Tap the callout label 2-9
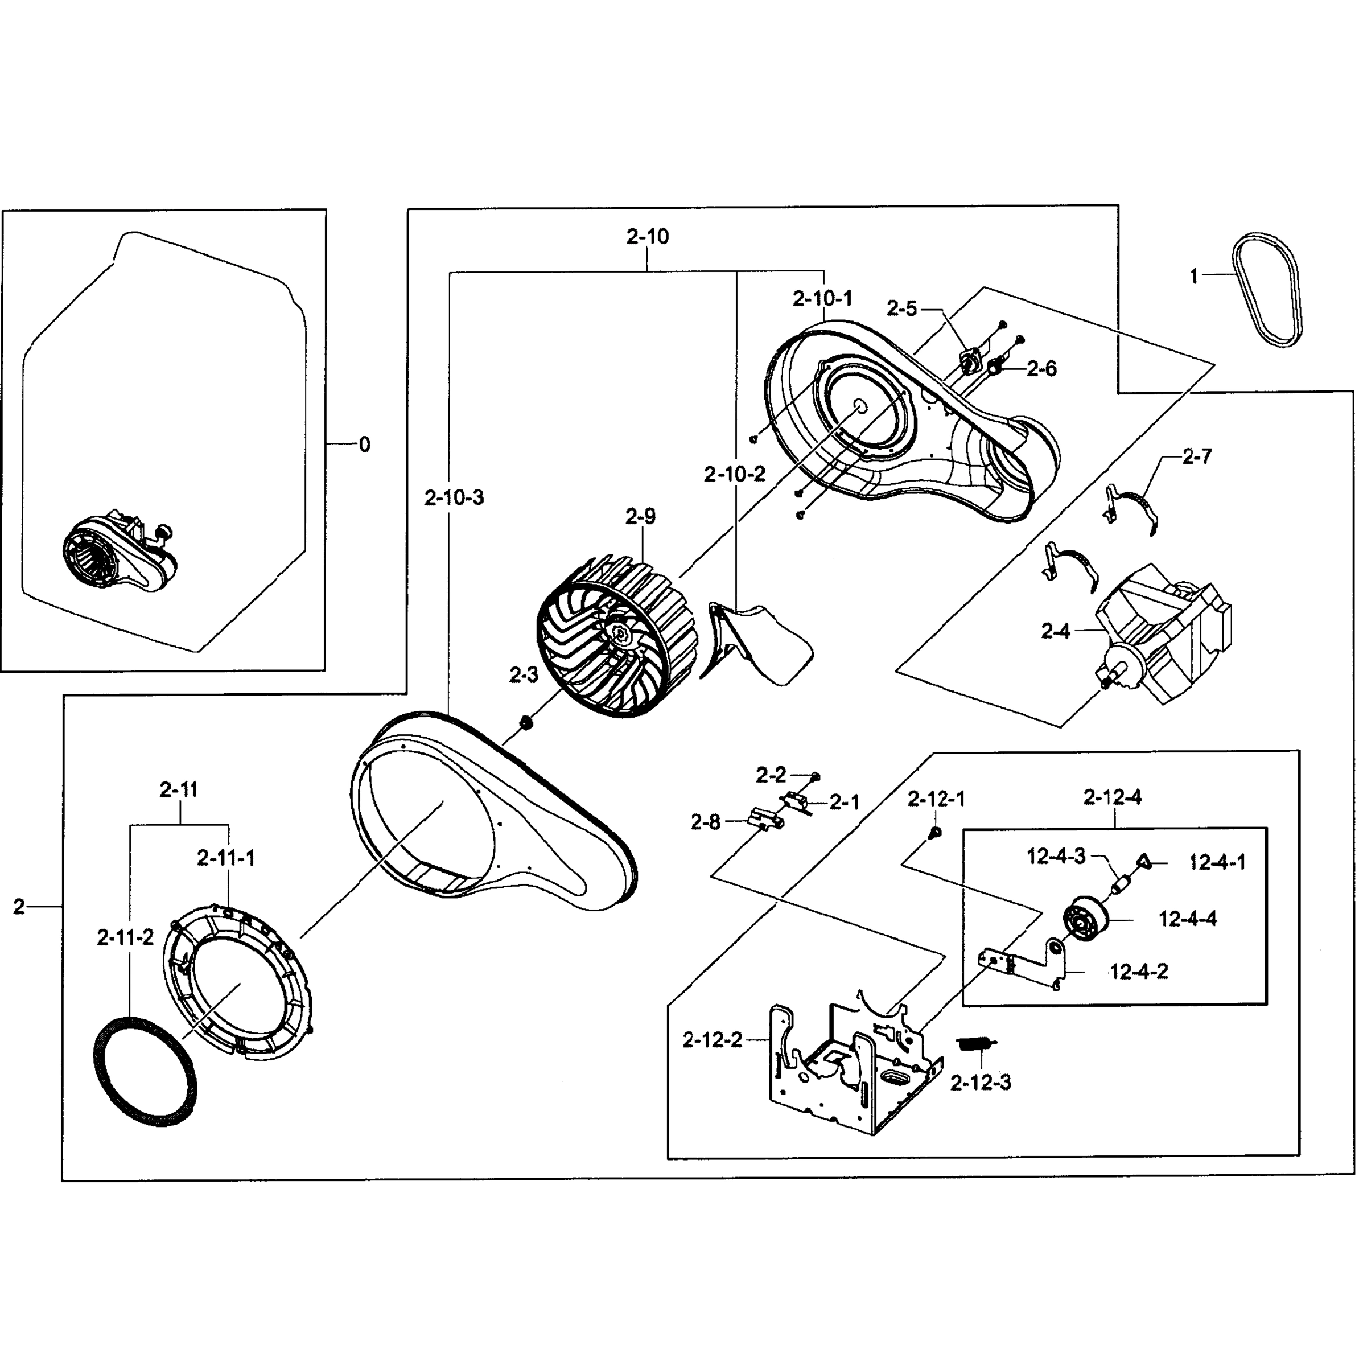[640, 517]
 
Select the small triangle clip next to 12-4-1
[1143, 861]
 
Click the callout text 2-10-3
[454, 498]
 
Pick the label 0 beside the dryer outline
[364, 445]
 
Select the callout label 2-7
[1196, 456]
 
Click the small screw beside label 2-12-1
[933, 834]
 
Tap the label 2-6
[1041, 368]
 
